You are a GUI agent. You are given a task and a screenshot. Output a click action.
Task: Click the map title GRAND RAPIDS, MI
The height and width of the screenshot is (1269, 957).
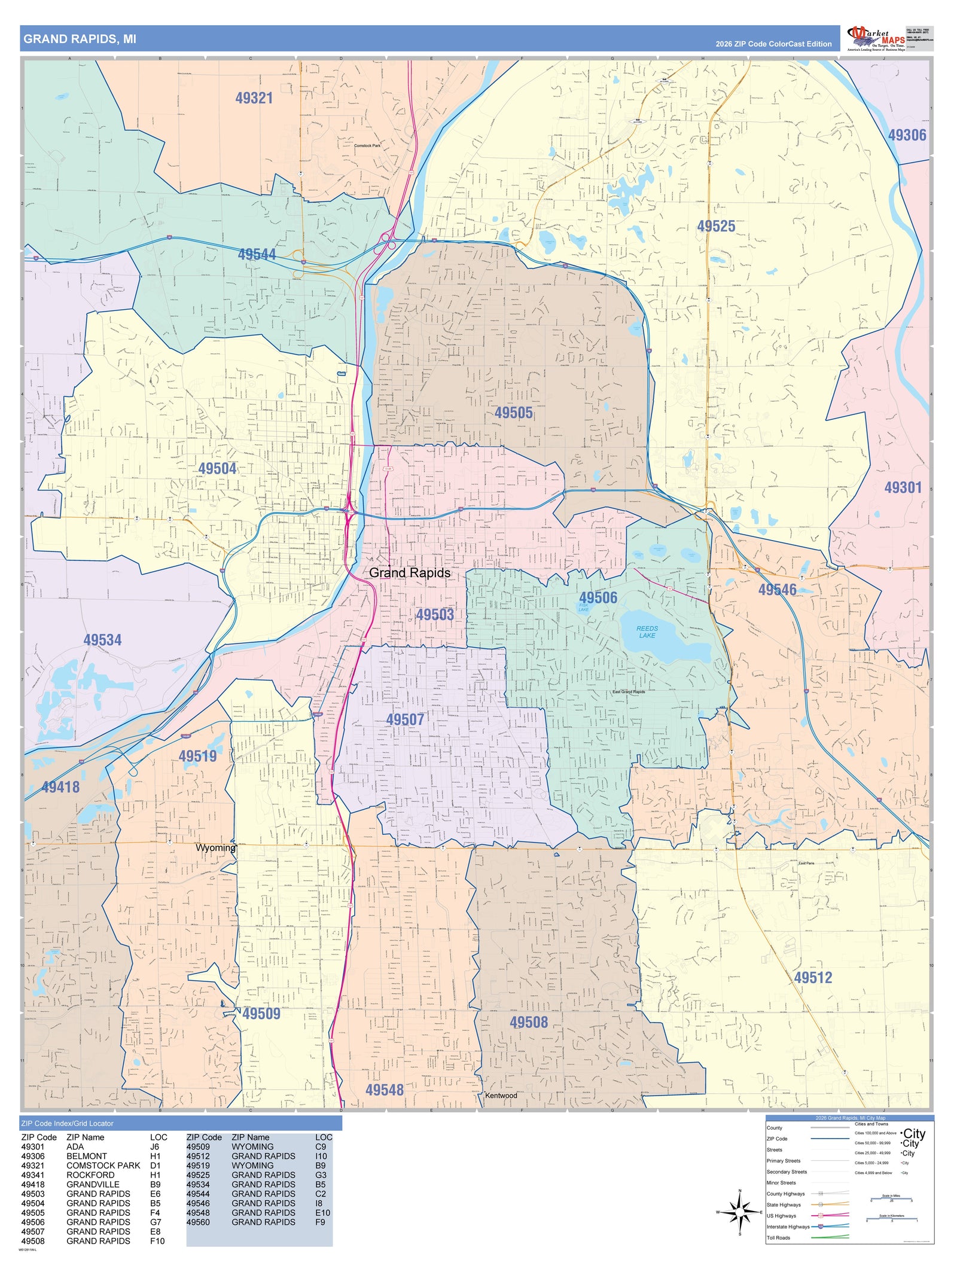click(x=80, y=39)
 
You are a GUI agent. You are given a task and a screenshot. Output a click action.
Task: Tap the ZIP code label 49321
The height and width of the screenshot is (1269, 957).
click(x=254, y=98)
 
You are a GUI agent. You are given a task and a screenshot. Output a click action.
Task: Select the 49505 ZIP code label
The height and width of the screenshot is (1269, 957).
click(x=513, y=413)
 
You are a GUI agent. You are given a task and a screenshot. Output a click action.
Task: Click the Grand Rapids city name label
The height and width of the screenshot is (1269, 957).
click(x=409, y=572)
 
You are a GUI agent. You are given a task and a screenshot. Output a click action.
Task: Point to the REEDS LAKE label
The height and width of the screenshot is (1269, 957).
click(x=647, y=632)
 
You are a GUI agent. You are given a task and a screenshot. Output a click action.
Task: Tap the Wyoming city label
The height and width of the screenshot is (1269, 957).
click(x=215, y=847)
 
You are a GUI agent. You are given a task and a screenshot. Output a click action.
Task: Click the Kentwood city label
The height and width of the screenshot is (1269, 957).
click(x=501, y=1095)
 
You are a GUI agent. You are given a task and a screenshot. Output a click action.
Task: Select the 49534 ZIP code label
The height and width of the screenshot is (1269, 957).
click(x=102, y=640)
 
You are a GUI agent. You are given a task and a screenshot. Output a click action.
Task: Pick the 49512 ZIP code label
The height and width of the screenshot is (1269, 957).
click(x=813, y=977)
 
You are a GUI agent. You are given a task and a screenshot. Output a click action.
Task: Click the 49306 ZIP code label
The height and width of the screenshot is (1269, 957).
click(x=907, y=135)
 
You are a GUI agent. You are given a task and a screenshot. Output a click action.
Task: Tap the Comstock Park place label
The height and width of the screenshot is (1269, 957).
click(x=367, y=145)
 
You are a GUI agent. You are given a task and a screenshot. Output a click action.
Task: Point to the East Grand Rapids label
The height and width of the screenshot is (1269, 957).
click(x=629, y=691)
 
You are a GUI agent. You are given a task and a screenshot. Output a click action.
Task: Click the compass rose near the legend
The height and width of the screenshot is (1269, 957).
click(x=740, y=1212)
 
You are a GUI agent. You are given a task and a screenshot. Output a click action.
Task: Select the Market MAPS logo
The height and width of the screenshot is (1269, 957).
click(x=876, y=38)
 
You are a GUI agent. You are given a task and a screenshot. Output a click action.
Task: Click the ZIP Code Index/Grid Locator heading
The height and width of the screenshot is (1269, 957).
click(x=67, y=1123)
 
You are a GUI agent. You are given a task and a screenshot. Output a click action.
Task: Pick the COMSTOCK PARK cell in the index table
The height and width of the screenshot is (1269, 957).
click(x=103, y=1165)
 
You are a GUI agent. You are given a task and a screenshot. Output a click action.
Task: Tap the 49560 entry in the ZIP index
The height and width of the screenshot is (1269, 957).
click(x=198, y=1222)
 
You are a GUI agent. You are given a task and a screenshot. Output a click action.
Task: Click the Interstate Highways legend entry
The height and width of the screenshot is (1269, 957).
click(x=788, y=1227)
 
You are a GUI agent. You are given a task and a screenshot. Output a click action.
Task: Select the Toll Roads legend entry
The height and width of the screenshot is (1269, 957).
click(x=778, y=1237)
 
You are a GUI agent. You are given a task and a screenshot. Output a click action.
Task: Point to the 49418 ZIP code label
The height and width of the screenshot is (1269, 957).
click(x=60, y=787)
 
